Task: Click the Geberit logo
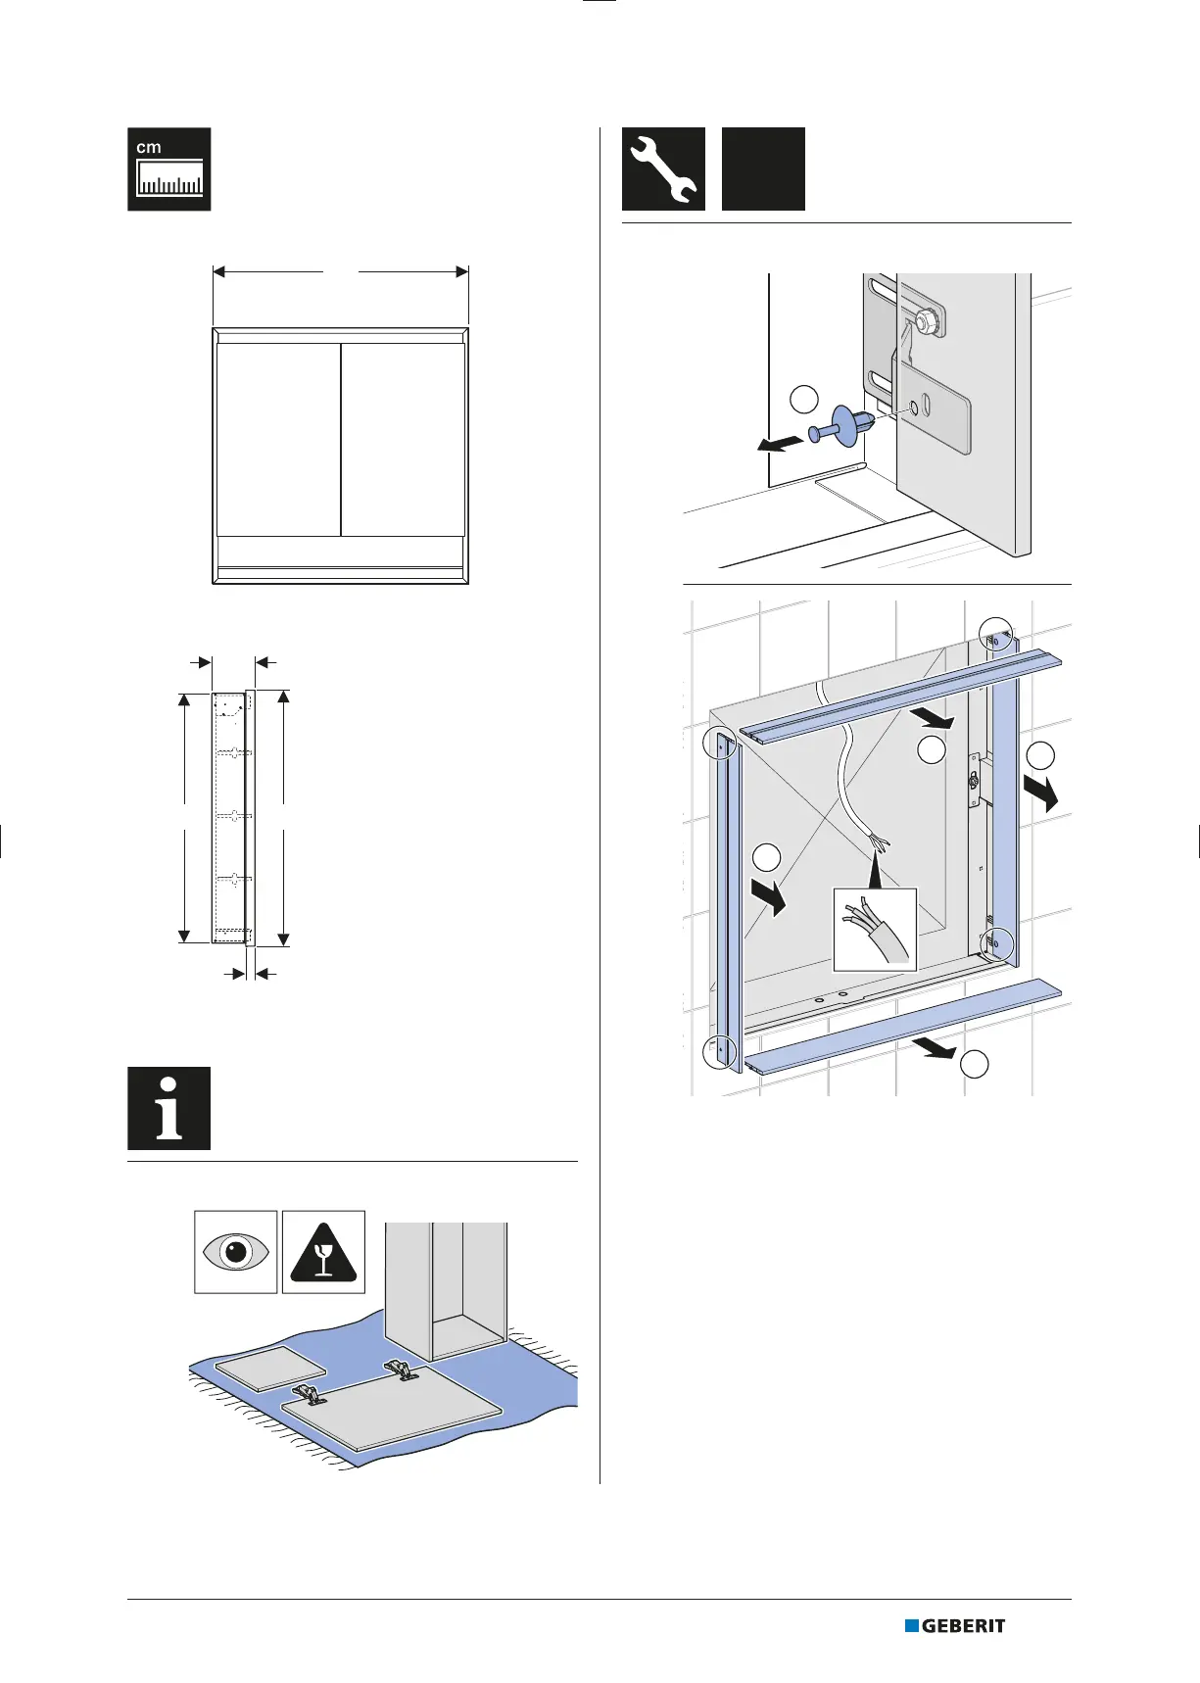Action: click(955, 1625)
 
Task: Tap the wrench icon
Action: click(663, 168)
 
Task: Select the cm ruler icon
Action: click(168, 168)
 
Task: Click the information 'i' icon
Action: click(168, 1108)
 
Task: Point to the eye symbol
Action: click(235, 1252)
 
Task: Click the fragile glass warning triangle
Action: click(323, 1252)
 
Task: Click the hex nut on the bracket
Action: click(925, 320)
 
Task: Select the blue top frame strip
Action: click(901, 693)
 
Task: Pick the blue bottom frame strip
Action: click(901, 1025)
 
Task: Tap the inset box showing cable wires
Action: click(875, 929)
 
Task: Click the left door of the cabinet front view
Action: click(278, 439)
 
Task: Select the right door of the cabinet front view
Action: click(403, 439)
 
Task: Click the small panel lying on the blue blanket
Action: click(269, 1369)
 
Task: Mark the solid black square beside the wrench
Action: click(763, 168)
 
